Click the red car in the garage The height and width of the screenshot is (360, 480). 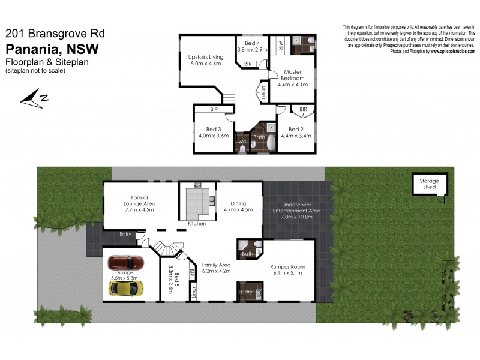point(126,263)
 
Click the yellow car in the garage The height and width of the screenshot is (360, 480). point(126,288)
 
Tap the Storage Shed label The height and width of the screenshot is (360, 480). point(429,184)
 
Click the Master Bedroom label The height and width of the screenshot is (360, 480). point(293,79)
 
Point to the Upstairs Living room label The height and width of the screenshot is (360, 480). point(206,59)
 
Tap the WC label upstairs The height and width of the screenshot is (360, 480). point(242,142)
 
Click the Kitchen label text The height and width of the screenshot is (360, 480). point(197,223)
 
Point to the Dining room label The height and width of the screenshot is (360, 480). point(239,207)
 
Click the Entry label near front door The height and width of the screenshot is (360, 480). point(125,234)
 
